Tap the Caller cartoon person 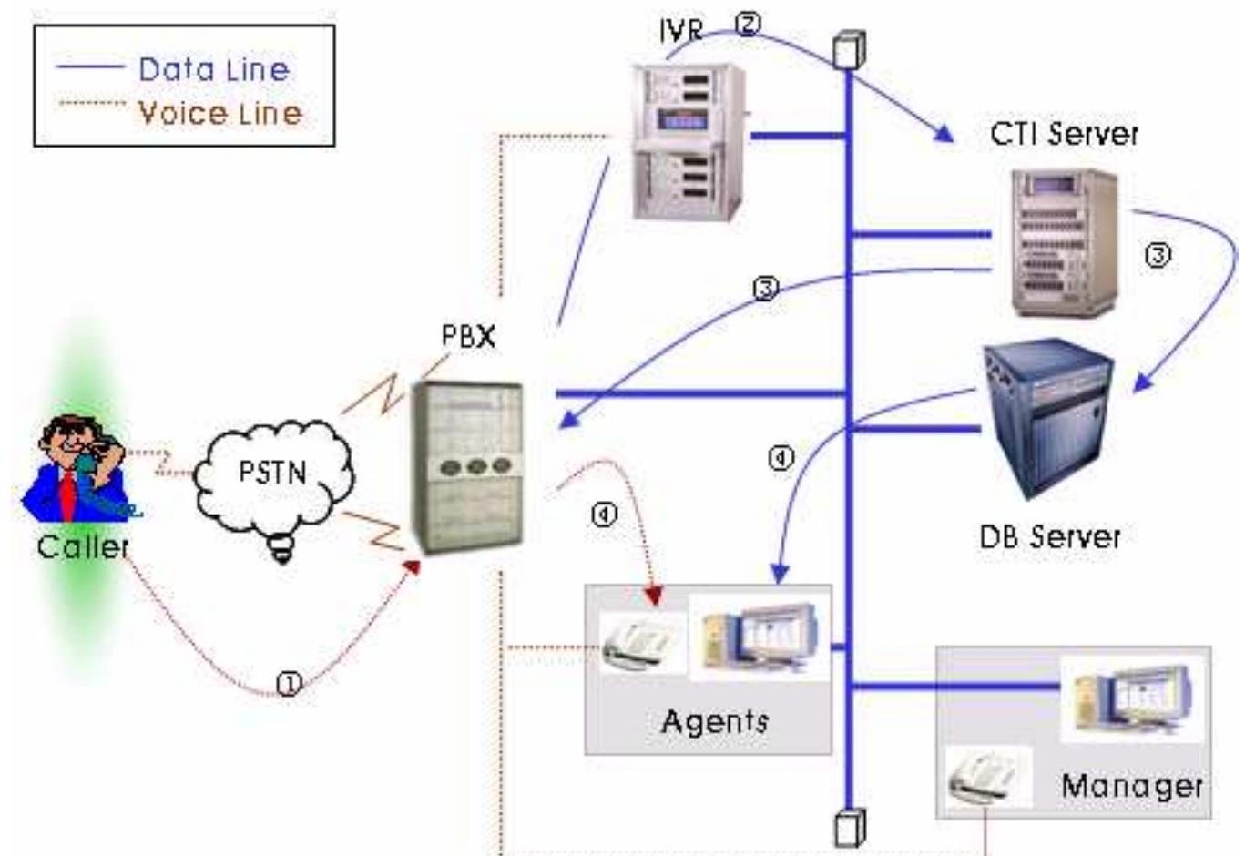click(80, 469)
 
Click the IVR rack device click(688, 141)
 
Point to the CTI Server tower click(1064, 242)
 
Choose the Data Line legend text click(214, 69)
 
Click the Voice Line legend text click(219, 114)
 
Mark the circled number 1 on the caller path click(290, 684)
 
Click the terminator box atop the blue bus click(850, 49)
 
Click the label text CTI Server click(1064, 134)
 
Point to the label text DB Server click(1049, 536)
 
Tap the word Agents click(715, 721)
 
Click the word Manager click(1131, 785)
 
